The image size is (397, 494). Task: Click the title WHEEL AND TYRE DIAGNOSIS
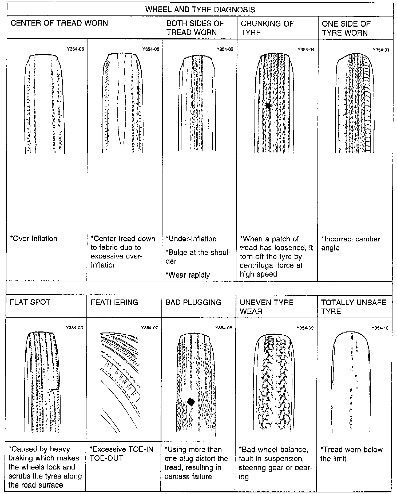tap(200, 10)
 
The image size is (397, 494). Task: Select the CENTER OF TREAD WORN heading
tap(59, 23)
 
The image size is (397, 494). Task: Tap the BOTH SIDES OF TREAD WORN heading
tap(195, 28)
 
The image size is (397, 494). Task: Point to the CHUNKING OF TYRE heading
tap(267, 28)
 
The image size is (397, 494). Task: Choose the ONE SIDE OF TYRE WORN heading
tap(346, 28)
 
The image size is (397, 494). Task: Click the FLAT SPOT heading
tap(30, 302)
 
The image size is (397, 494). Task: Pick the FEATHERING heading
tap(114, 302)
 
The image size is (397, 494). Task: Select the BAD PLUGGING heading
tap(193, 302)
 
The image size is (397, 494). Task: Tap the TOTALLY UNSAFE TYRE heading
tap(354, 307)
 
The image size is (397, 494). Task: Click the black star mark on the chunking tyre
tap(268, 106)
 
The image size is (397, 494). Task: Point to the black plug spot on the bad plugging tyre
tap(190, 402)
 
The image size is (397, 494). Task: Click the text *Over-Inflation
tap(34, 238)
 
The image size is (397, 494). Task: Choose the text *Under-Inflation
tap(191, 239)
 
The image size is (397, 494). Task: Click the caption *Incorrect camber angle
tap(351, 243)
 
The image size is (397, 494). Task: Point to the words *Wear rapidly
tap(188, 275)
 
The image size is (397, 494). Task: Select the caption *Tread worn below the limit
tap(351, 454)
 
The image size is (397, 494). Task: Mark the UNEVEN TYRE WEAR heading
tap(267, 307)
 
